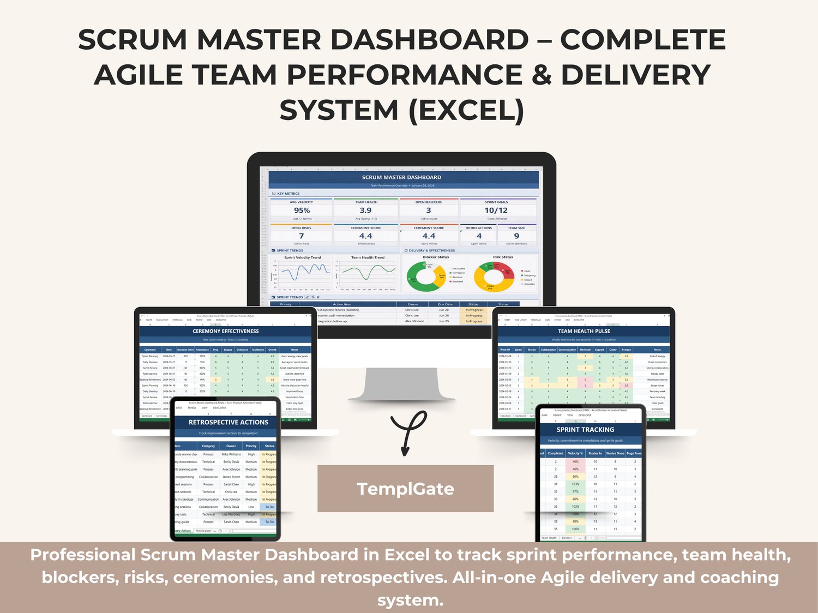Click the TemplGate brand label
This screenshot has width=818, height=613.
pyautogui.click(x=405, y=489)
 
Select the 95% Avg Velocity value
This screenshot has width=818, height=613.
pyautogui.click(x=302, y=211)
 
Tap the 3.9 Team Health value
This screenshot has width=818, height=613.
pyautogui.click(x=365, y=211)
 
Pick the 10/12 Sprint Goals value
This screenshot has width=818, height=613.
pyautogui.click(x=496, y=211)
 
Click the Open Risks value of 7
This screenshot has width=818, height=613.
pyautogui.click(x=301, y=236)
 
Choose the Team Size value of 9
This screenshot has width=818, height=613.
pyautogui.click(x=516, y=236)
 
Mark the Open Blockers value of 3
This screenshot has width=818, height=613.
pyautogui.click(x=429, y=211)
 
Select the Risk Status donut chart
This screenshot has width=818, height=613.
pyautogui.click(x=494, y=277)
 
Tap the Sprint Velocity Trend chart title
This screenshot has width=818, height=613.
pyautogui.click(x=302, y=257)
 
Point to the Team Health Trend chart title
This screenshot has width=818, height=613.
pyautogui.click(x=368, y=257)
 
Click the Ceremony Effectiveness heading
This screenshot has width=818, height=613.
pyautogui.click(x=226, y=331)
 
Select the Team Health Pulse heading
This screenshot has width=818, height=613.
pyautogui.click(x=584, y=331)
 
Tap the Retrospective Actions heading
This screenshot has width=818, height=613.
pyautogui.click(x=228, y=422)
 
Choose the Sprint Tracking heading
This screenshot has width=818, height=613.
pyautogui.click(x=585, y=430)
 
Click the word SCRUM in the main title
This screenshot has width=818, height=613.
pyautogui.click(x=133, y=40)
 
